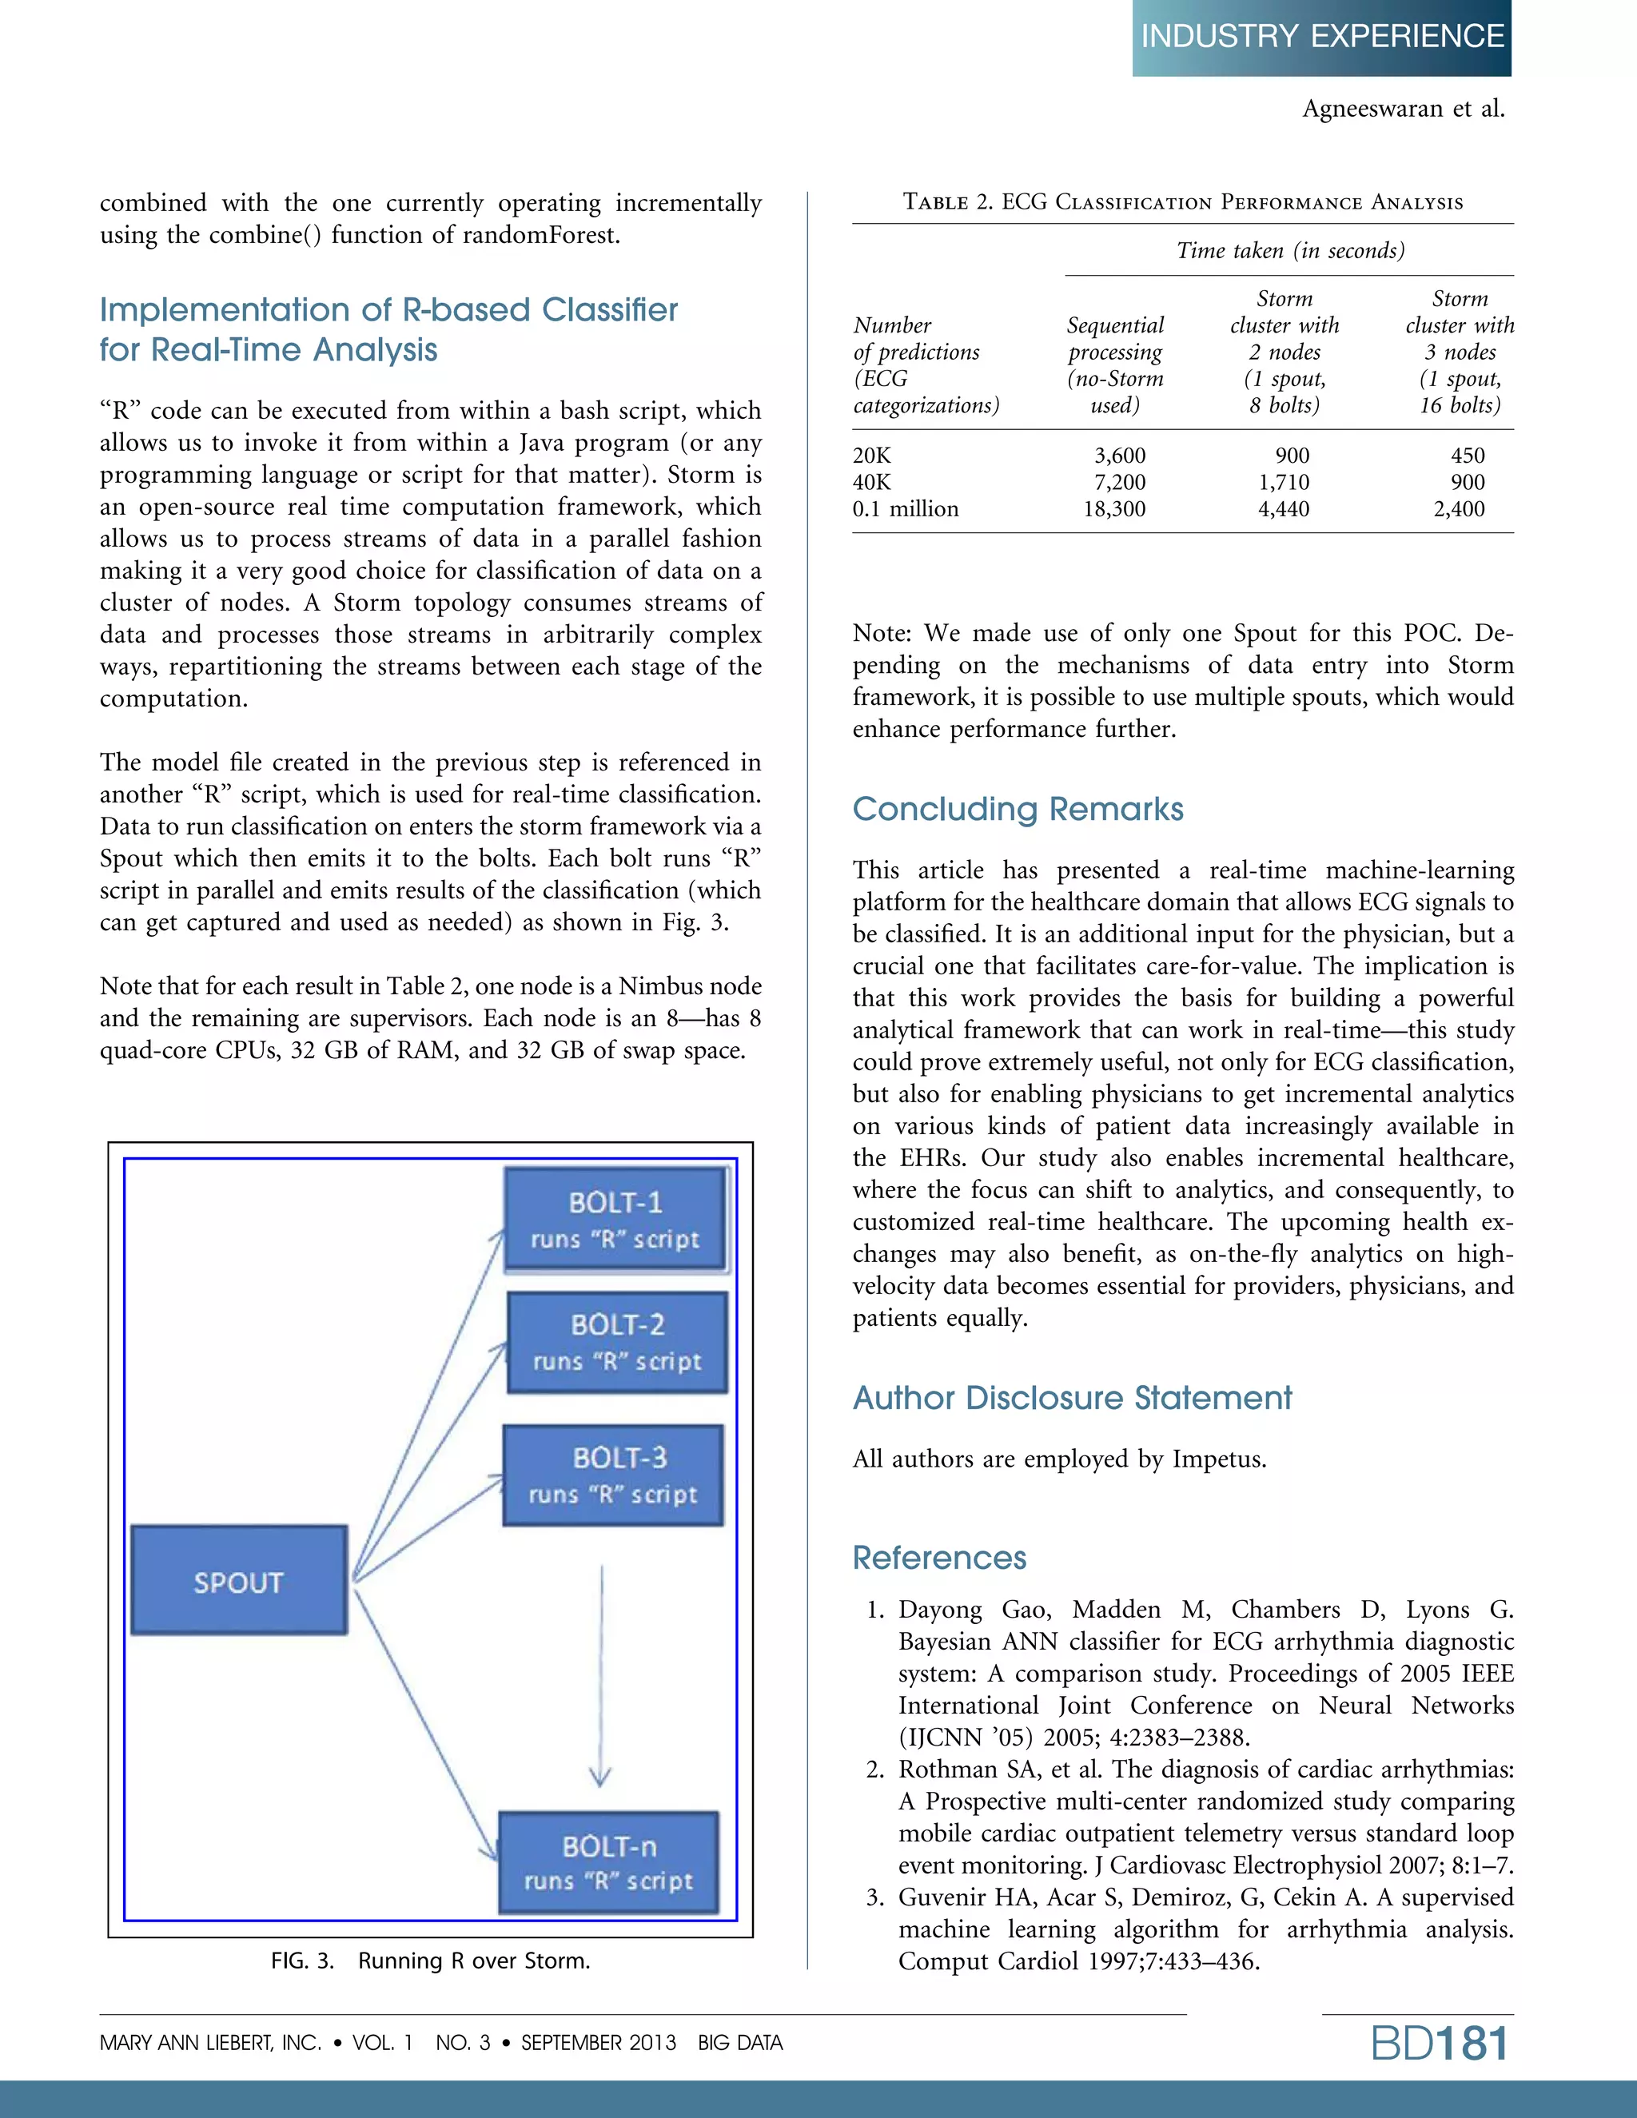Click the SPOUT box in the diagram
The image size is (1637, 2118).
238,1581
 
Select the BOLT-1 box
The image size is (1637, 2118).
615,1219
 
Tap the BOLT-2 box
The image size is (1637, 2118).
617,1342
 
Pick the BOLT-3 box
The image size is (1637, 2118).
613,1475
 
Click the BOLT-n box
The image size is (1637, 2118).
609,1862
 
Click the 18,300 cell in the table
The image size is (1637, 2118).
1114,509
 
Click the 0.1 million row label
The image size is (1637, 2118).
905,509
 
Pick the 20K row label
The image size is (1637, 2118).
871,456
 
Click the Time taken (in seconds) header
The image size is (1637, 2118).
1290,251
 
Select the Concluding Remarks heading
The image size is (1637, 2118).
1018,809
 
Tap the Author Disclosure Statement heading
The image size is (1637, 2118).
1072,1397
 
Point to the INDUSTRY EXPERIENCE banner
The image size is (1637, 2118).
1320,37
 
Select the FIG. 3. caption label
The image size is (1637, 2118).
301,1960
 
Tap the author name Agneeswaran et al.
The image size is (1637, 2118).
1402,109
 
